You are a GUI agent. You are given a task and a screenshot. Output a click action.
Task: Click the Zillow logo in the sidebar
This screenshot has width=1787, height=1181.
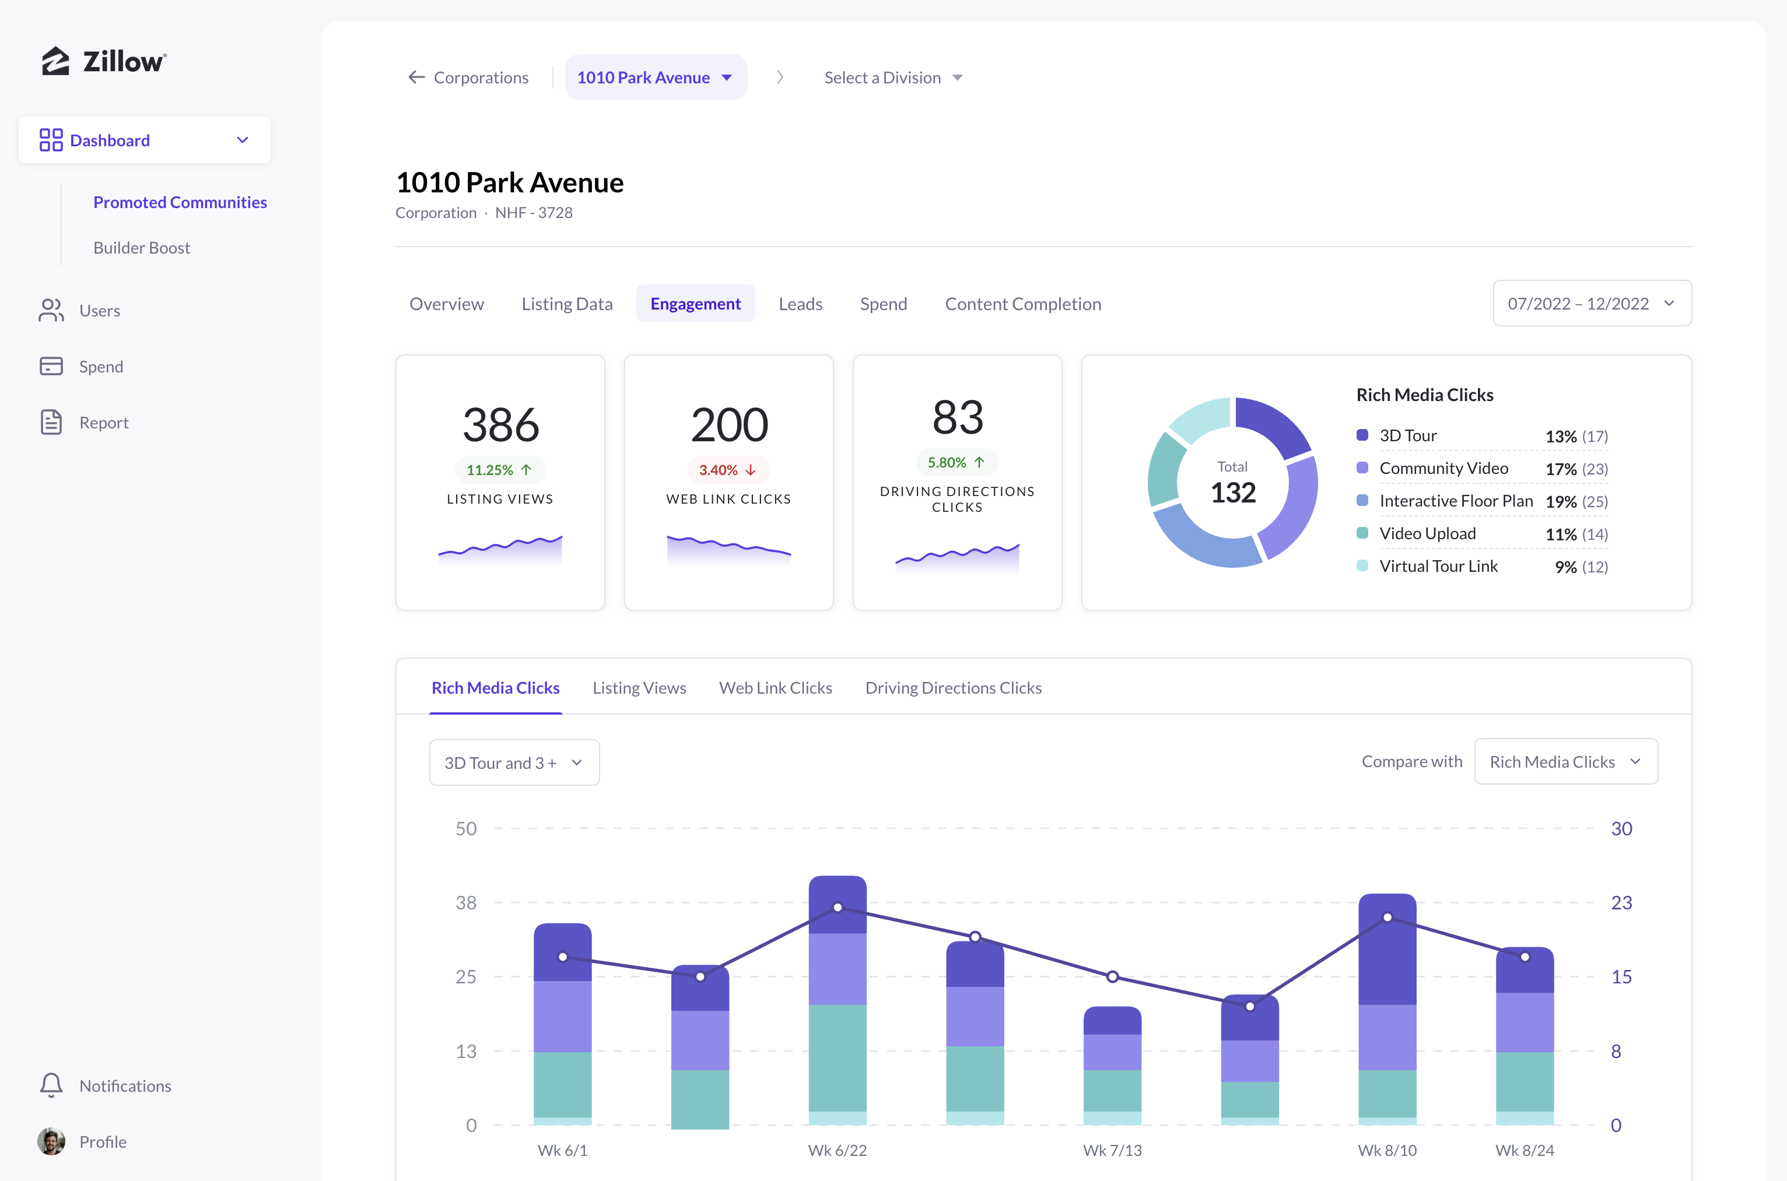(x=104, y=61)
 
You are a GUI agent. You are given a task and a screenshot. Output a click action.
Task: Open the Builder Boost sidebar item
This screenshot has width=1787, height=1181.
(x=142, y=248)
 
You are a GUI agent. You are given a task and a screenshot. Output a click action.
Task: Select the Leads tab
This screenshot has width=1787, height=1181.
(x=800, y=304)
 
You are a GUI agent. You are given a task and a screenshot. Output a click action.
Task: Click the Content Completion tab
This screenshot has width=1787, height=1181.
(x=1023, y=304)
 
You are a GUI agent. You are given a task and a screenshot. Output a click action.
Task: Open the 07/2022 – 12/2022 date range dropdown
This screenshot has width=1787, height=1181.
(x=1592, y=304)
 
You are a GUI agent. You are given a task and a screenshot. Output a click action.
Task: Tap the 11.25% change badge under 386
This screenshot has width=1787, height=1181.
(x=499, y=470)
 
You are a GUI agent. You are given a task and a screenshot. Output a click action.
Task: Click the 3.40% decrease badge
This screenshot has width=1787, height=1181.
(x=728, y=470)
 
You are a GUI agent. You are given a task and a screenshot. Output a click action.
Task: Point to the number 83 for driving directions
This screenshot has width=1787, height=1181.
(x=958, y=417)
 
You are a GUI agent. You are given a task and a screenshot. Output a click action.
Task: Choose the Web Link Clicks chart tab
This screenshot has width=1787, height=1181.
(x=775, y=688)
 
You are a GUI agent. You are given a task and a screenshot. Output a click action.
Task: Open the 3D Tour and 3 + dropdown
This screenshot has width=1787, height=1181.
(x=514, y=762)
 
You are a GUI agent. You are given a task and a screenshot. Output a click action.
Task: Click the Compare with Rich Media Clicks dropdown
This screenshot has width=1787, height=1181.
(x=1565, y=761)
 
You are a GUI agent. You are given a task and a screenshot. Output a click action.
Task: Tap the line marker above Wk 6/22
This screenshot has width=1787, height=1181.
(x=838, y=908)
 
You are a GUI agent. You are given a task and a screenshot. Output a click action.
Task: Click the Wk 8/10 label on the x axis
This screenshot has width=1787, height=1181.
(x=1387, y=1150)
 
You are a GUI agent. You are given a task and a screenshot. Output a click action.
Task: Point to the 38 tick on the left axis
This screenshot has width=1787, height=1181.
(x=465, y=902)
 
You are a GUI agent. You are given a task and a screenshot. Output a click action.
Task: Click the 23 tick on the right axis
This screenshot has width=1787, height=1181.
(x=1621, y=902)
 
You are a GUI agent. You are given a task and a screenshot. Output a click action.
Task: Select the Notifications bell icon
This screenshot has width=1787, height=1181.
(x=51, y=1085)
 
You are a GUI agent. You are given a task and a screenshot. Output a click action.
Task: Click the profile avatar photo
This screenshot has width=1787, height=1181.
(x=51, y=1142)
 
